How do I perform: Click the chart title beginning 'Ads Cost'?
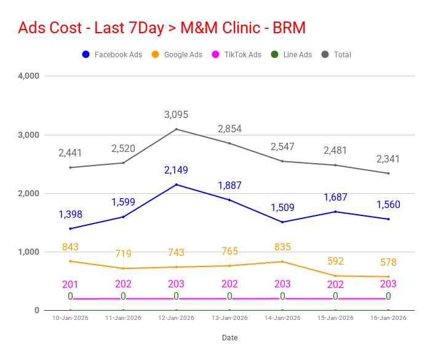(162, 28)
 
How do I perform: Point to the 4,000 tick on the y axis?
(28, 76)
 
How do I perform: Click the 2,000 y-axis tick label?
(28, 193)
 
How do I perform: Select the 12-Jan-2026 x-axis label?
(177, 318)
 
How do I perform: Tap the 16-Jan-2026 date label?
(389, 318)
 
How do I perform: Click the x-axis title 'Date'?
(229, 338)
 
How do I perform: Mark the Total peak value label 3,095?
(177, 115)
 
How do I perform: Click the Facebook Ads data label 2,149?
(177, 170)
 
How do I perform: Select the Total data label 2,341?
(388, 159)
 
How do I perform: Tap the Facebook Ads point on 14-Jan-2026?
(282, 222)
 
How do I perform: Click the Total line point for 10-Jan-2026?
(70, 167)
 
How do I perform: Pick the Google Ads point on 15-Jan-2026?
(335, 276)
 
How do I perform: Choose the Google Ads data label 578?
(388, 263)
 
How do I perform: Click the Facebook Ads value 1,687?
(336, 198)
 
